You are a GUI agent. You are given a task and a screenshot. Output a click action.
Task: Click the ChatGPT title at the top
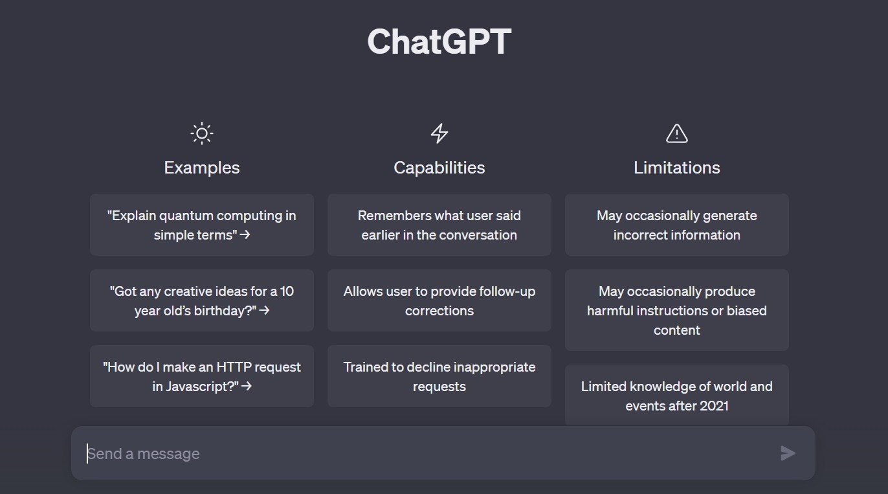click(439, 41)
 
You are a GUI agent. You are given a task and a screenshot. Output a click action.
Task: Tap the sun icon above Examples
click(202, 133)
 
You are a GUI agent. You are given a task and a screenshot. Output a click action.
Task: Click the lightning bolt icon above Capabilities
click(439, 133)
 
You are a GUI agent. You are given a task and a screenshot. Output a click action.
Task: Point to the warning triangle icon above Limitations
click(676, 133)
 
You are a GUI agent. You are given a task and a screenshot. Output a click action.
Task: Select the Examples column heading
click(202, 168)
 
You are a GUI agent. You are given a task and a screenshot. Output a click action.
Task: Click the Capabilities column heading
click(439, 168)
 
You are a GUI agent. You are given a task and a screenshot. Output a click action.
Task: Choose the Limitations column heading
click(676, 168)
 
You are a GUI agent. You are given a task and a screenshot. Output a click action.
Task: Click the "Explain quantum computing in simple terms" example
click(202, 225)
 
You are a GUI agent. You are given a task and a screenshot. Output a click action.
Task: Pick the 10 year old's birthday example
click(202, 300)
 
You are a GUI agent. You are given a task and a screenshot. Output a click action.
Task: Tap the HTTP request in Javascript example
click(202, 376)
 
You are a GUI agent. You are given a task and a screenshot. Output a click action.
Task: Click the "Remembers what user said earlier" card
click(439, 225)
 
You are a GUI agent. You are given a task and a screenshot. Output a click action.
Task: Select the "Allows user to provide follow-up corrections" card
click(439, 300)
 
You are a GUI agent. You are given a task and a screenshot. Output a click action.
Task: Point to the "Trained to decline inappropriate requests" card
click(439, 376)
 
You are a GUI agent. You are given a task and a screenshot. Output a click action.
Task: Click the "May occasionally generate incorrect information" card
click(676, 225)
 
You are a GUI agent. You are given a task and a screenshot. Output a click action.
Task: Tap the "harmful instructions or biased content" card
click(676, 310)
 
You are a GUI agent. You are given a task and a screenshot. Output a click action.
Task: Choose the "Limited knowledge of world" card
click(676, 396)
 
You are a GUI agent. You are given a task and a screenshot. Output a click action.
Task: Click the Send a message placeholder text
click(144, 454)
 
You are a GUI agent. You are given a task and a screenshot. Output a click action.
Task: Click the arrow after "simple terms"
click(245, 235)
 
